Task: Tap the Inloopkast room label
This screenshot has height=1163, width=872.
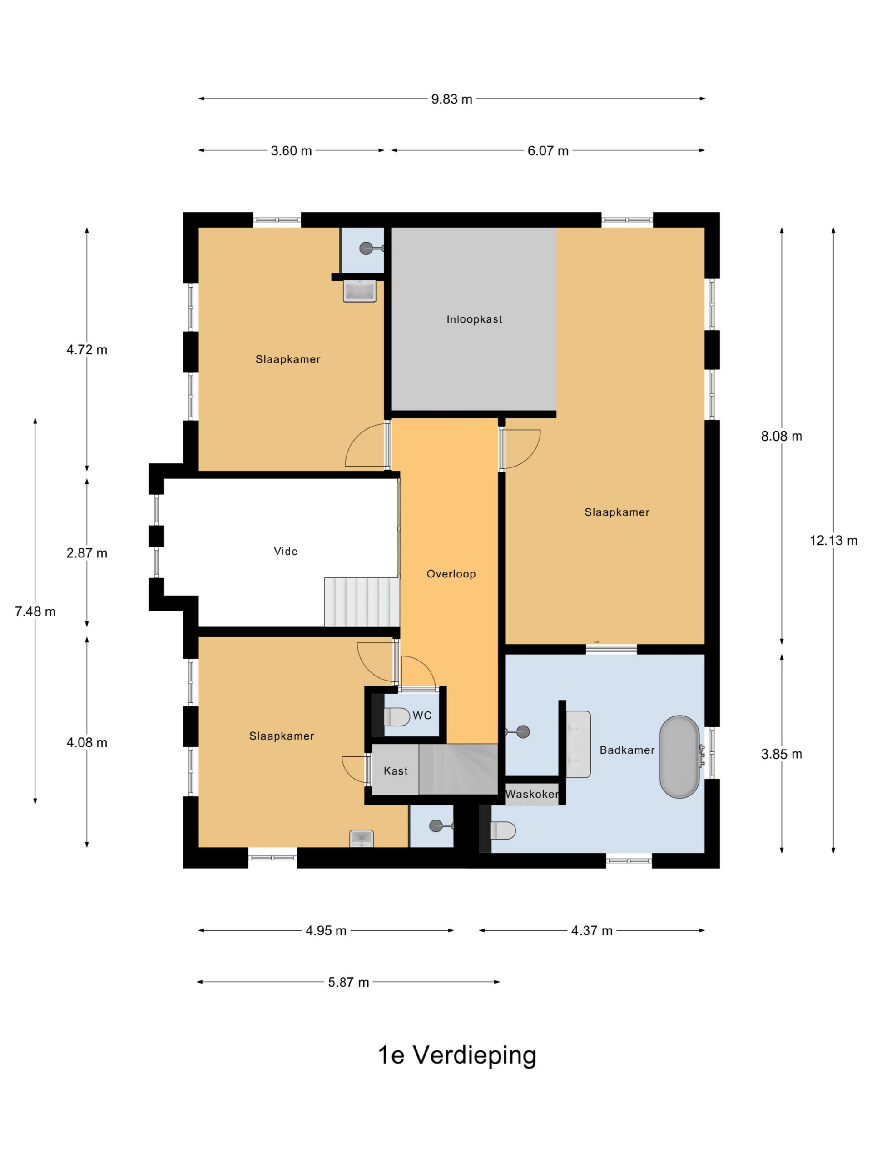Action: (474, 319)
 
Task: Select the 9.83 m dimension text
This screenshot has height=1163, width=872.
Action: (451, 99)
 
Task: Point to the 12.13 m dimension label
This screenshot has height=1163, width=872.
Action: (833, 540)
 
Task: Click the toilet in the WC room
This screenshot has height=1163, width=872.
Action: (397, 716)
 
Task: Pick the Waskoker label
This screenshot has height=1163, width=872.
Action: (532, 794)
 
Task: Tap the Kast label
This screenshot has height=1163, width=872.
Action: (395, 771)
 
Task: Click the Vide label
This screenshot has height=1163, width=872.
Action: (285, 551)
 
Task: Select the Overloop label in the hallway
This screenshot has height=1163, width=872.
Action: (451, 574)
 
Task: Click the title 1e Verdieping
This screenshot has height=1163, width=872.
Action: (457, 1055)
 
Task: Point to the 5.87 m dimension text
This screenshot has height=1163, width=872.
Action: (348, 982)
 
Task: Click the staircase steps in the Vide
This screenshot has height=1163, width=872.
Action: (361, 602)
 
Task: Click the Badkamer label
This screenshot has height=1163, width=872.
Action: (627, 750)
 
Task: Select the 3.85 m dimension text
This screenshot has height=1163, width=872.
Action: (781, 754)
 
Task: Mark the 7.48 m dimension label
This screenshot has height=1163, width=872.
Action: (35, 611)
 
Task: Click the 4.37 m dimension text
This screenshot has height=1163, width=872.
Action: (592, 930)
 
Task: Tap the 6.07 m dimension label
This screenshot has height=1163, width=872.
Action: (548, 151)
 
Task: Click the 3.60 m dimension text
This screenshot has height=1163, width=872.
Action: (291, 151)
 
